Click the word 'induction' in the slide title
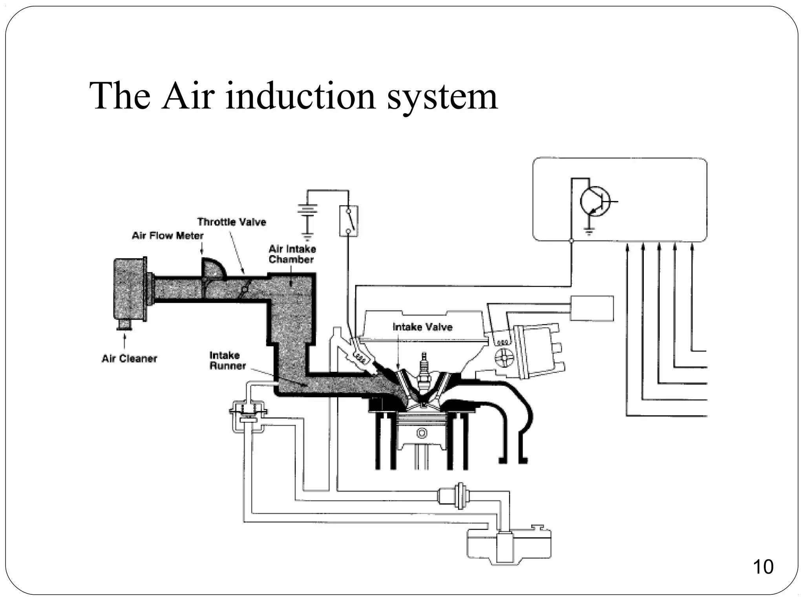coord(300,96)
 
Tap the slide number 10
coord(763,567)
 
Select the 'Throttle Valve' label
coord(232,222)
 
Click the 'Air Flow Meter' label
coord(168,236)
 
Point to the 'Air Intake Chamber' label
coord(292,254)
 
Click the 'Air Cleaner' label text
coord(129,359)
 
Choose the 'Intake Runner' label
coord(227,360)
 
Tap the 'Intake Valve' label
coord(422,327)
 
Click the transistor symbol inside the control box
coord(595,202)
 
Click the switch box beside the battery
coord(349,221)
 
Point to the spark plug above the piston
coord(424,371)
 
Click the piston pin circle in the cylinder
coord(422,433)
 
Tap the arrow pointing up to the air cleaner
coord(125,340)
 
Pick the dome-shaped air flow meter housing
coord(213,268)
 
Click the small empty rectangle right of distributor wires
coord(592,309)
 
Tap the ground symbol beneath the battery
coord(307,236)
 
